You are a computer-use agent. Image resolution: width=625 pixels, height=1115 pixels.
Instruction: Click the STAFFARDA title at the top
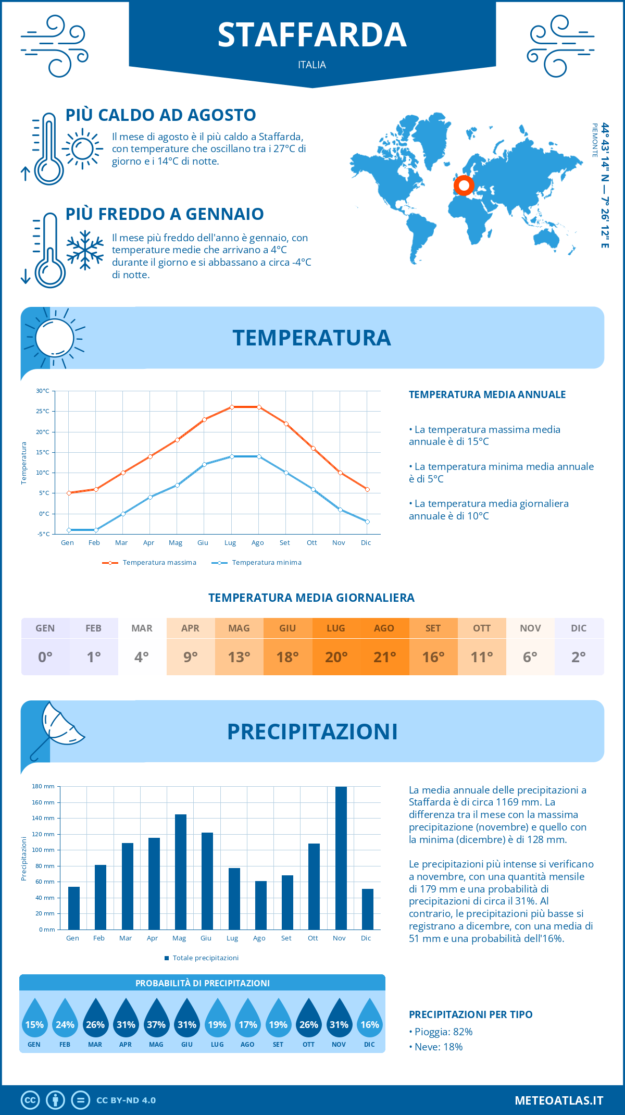pos(312,35)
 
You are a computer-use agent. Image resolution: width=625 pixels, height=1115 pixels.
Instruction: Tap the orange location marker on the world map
pos(464,185)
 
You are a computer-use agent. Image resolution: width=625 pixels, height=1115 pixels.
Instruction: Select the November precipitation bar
pos(341,858)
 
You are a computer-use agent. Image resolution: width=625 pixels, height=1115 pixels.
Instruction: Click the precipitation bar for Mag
pos(181,872)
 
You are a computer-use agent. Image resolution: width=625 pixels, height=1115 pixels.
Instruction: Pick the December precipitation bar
pos(368,909)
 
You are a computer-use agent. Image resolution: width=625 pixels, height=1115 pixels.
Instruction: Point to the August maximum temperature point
pos(259,407)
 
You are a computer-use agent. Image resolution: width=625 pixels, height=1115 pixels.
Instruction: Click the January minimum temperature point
pos(69,530)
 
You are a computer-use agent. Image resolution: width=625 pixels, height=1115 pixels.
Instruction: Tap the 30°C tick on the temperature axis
pos(43,391)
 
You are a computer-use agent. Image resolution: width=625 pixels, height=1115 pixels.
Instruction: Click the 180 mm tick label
pos(43,786)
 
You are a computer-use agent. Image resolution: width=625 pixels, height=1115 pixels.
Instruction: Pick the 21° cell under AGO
pos(385,657)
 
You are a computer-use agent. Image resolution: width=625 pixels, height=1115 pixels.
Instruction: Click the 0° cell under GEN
pos(45,657)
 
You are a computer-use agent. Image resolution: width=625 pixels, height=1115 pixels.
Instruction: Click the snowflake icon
pos(85,250)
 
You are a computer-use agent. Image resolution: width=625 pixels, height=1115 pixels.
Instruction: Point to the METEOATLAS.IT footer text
pos(559,1100)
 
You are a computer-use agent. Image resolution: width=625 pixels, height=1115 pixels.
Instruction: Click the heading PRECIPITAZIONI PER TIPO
pos(471,1014)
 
